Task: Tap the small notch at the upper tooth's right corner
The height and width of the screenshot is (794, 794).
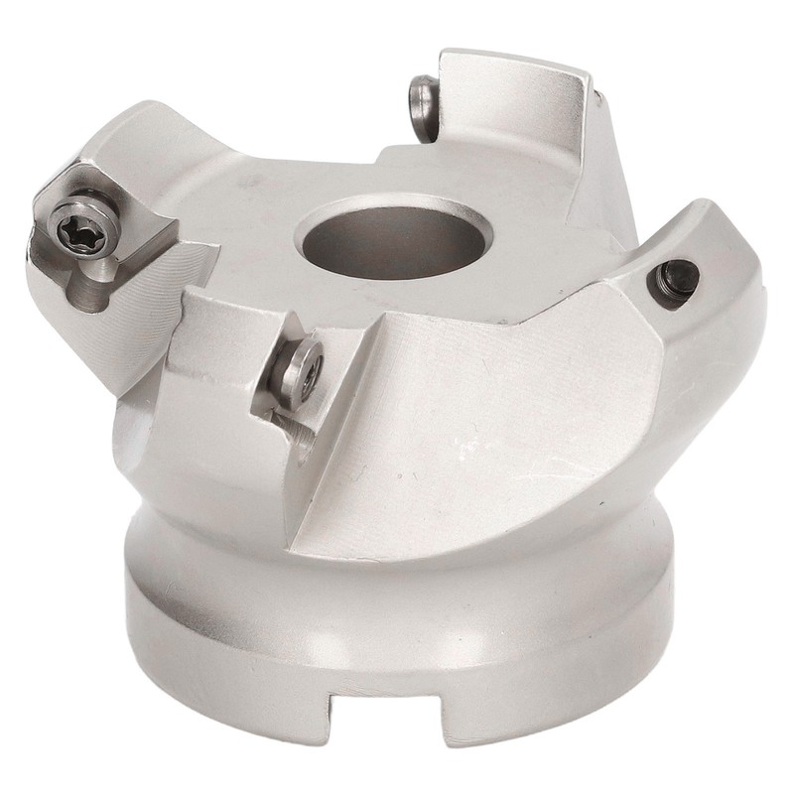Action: (595, 94)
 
